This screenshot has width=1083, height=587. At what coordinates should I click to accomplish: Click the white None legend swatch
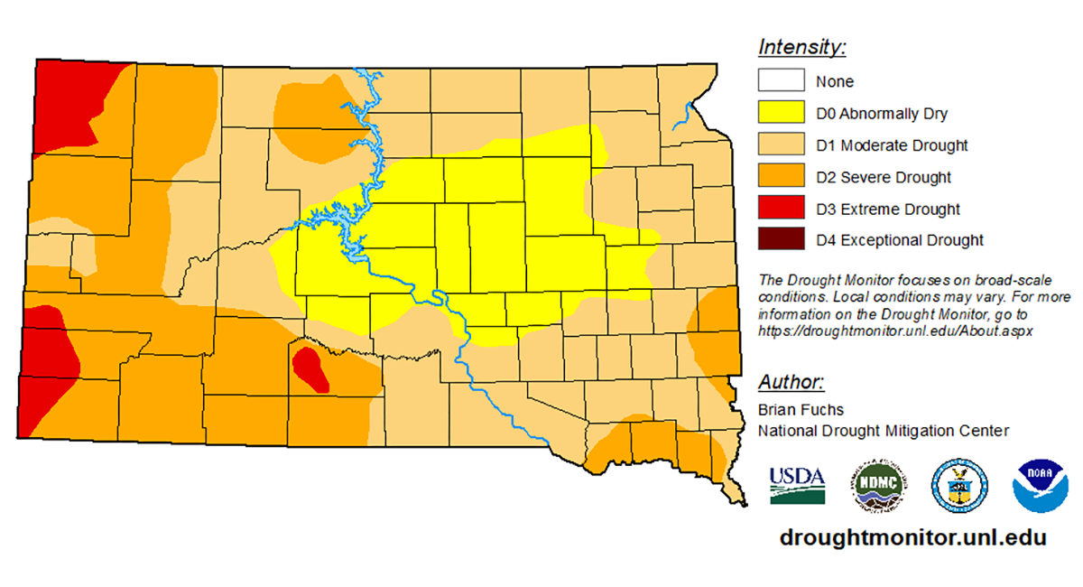[782, 81]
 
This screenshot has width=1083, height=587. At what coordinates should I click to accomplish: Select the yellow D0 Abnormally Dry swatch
[782, 113]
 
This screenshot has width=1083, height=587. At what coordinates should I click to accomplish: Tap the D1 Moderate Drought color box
[782, 145]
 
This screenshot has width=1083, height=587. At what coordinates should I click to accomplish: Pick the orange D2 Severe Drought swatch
[782, 177]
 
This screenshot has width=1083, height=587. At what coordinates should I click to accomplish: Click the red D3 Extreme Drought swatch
[782, 209]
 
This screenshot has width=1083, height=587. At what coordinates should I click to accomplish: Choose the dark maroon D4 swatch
[782, 240]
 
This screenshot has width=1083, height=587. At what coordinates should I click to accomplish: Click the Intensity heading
[801, 47]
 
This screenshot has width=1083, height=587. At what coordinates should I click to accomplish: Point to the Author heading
[791, 380]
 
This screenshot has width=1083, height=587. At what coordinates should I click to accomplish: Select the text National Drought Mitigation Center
[883, 431]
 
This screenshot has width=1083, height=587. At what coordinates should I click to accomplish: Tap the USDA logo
[797, 484]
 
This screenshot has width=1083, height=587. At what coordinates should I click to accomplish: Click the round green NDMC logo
[878, 484]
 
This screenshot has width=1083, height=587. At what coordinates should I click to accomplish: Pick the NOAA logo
[1039, 484]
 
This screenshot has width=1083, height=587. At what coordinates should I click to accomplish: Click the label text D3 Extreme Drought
[888, 210]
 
